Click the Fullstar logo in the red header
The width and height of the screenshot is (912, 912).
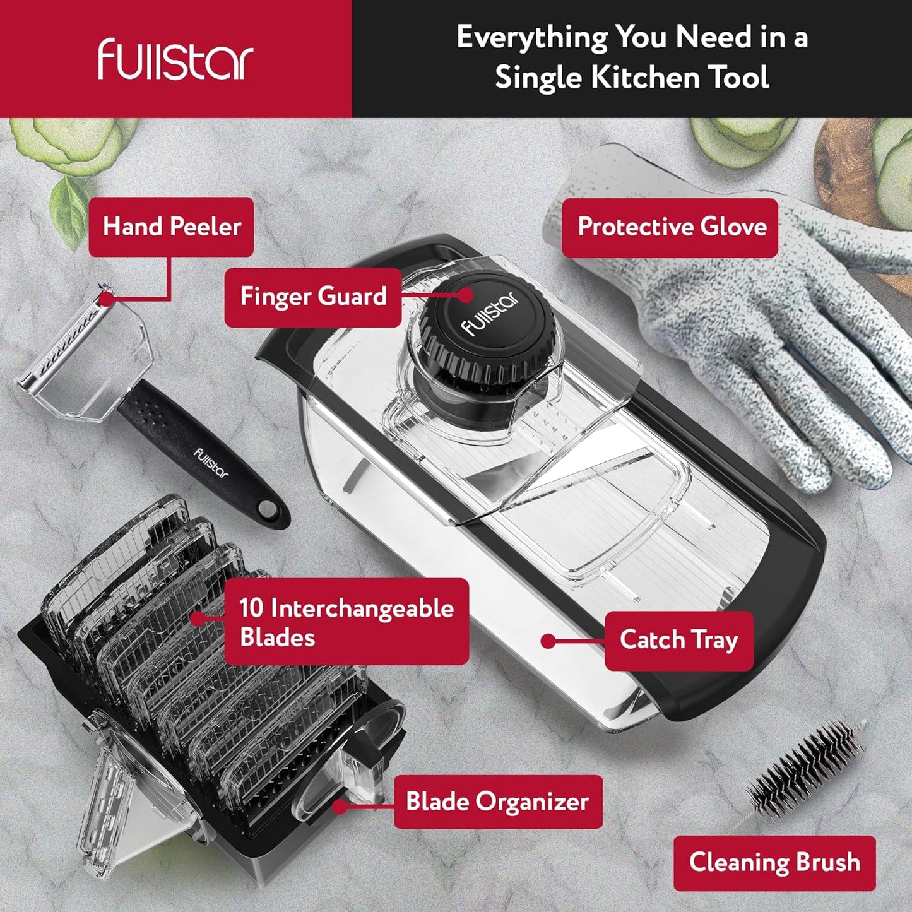point(175,59)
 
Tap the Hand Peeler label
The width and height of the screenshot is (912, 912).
point(172,227)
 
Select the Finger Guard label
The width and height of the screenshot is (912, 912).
point(313,297)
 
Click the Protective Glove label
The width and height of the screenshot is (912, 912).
point(672,227)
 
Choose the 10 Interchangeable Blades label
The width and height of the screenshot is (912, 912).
point(346,622)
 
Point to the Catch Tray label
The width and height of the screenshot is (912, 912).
point(679,640)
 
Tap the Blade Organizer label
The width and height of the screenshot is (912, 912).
point(497,802)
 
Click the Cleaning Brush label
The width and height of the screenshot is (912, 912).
point(774,862)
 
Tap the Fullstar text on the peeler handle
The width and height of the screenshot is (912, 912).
point(211,463)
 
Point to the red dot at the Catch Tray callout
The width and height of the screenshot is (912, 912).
point(548,642)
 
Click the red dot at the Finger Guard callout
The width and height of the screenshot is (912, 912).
point(466,295)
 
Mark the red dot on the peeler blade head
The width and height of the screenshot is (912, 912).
point(107,299)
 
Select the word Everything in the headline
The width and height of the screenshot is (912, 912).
point(532,37)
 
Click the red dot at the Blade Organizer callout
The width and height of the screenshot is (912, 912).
point(340,806)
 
